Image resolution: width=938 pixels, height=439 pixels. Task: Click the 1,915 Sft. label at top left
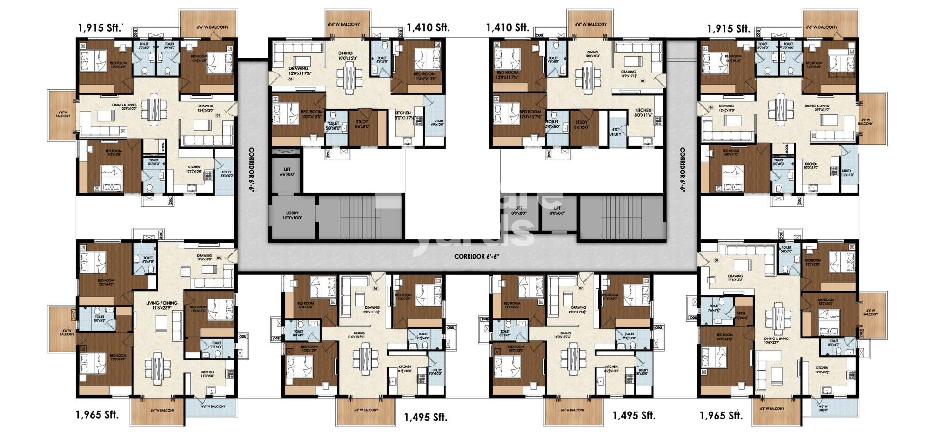coord(100,27)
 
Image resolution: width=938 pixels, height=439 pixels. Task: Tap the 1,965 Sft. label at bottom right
coord(721,415)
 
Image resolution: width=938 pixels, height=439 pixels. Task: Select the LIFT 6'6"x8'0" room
coord(285,172)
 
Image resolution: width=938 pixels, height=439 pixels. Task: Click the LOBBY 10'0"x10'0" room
coord(292,215)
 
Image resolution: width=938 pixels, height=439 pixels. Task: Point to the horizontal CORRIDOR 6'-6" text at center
coord(476,256)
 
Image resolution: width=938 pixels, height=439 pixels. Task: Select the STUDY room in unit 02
coord(362,125)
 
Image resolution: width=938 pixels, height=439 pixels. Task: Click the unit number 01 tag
coord(218,115)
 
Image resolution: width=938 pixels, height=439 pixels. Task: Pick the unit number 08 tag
coord(716,260)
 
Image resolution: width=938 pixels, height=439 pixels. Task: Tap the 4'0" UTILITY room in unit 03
coord(615,132)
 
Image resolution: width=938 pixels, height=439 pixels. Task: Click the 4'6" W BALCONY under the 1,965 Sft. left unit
coord(212,407)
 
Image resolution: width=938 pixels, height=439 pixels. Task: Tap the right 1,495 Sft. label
coord(633,415)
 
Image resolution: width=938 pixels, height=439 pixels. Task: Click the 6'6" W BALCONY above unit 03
coord(590,24)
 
